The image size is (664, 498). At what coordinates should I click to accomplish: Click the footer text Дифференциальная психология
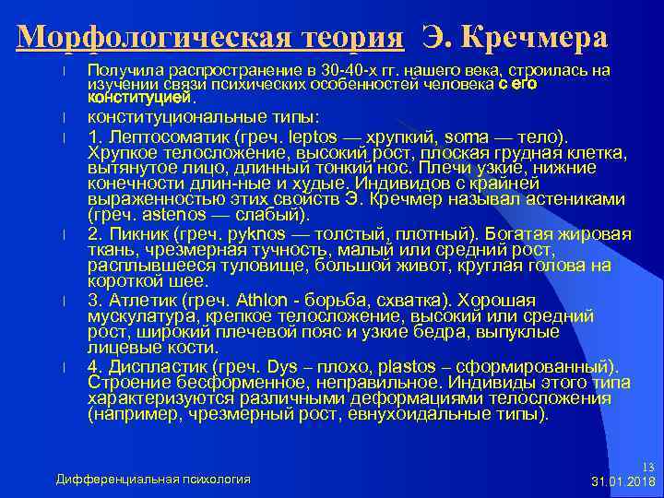coord(153,480)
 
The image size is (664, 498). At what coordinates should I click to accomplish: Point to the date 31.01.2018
coord(622,482)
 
